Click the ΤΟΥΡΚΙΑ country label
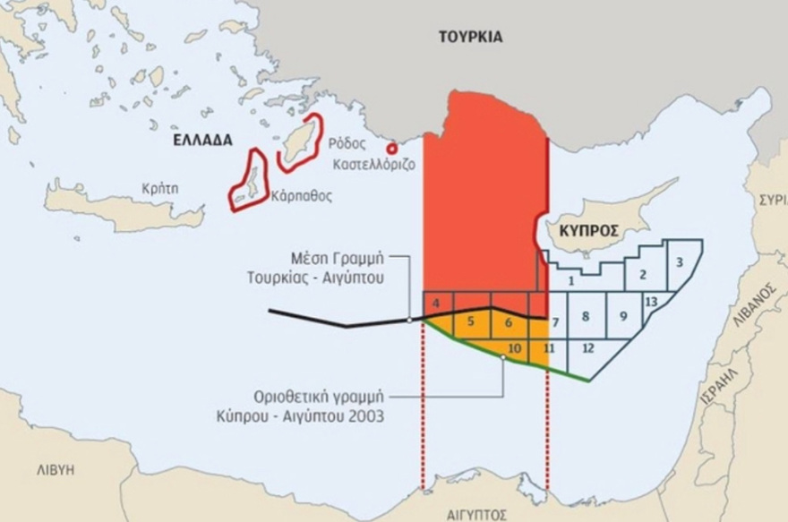(470, 38)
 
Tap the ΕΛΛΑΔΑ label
(202, 141)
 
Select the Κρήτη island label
(160, 189)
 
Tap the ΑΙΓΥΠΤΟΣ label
(476, 514)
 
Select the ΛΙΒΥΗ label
(55, 469)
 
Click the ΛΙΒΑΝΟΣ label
(761, 305)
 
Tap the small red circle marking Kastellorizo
(390, 150)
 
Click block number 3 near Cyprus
(681, 261)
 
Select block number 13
(651, 301)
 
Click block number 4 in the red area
(435, 303)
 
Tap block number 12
(587, 347)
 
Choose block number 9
(623, 316)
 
